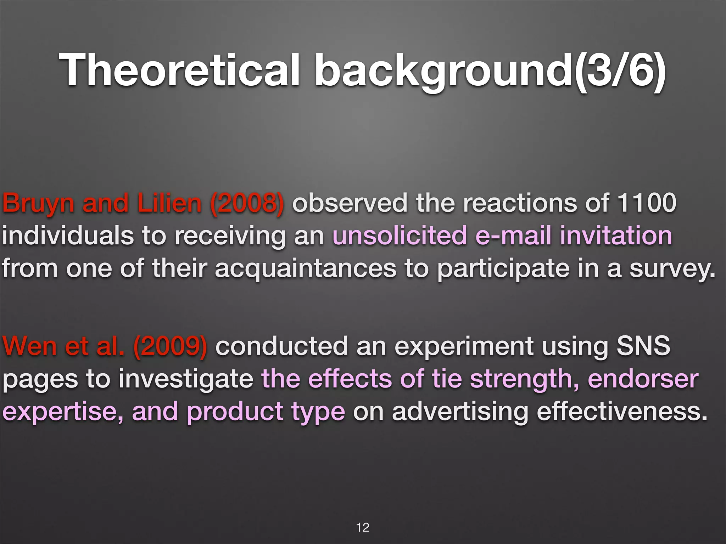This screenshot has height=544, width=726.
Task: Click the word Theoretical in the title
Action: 179,70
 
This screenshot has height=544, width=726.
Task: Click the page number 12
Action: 363,527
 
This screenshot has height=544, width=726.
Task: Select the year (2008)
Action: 247,203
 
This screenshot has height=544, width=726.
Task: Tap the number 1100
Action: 647,203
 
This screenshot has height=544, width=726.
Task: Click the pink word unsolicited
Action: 399,236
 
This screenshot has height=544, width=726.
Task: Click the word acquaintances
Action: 306,268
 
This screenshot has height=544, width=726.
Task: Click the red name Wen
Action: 29,346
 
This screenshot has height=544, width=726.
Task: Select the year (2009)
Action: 170,346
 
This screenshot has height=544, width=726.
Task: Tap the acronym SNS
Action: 643,346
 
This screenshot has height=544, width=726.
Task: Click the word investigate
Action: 186,379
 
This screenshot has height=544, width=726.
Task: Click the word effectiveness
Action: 622,412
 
